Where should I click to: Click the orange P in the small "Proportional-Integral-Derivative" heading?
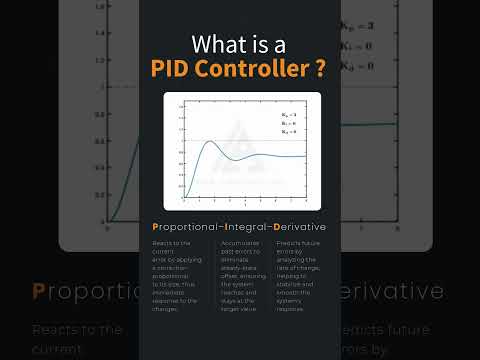click(x=154, y=228)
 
